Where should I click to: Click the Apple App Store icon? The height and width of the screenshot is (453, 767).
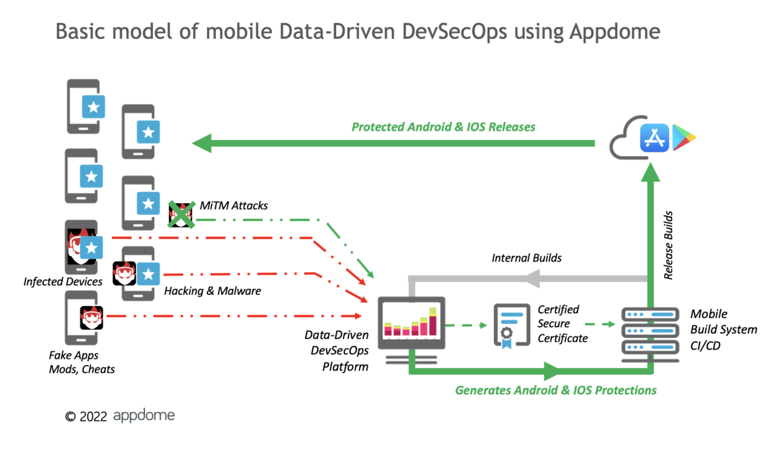(x=656, y=136)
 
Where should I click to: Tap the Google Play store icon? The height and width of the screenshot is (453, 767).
(x=684, y=136)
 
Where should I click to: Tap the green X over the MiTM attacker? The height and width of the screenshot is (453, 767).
(x=181, y=214)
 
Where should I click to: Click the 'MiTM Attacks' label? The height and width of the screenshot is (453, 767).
(x=233, y=205)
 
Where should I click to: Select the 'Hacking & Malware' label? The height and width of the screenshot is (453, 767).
(x=212, y=291)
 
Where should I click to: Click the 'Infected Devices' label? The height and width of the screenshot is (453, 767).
(x=63, y=282)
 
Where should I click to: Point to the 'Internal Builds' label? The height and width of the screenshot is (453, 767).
(x=527, y=257)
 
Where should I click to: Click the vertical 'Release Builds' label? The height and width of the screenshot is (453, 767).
(x=669, y=245)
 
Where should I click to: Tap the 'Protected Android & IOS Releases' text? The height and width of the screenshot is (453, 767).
(x=443, y=127)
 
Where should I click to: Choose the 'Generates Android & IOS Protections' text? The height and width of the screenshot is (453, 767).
(x=555, y=390)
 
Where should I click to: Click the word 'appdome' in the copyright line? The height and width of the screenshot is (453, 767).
(x=144, y=415)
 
